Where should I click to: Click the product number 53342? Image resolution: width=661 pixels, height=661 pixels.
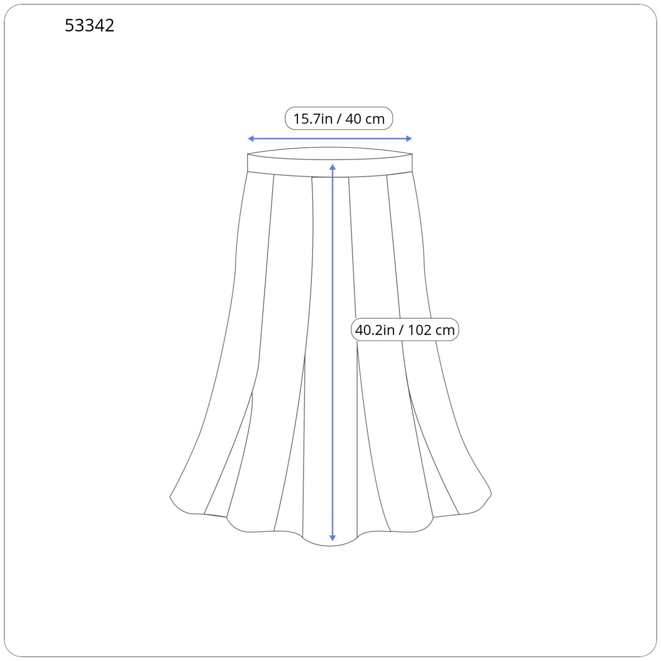pyautogui.click(x=89, y=26)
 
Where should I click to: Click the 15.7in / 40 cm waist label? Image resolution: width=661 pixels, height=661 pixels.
pyautogui.click(x=339, y=119)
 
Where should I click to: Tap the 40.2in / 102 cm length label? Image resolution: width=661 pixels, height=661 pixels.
pyautogui.click(x=405, y=330)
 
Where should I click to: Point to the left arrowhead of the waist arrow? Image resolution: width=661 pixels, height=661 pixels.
pyautogui.click(x=251, y=139)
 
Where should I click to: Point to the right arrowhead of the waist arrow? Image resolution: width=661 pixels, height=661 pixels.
pyautogui.click(x=409, y=139)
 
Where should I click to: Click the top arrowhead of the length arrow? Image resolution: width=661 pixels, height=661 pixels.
pyautogui.click(x=333, y=167)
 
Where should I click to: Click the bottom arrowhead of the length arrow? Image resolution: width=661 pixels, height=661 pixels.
pyautogui.click(x=333, y=538)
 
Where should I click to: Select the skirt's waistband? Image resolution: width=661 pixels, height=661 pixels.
pyautogui.click(x=330, y=162)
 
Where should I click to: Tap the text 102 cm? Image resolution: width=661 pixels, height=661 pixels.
pyautogui.click(x=431, y=330)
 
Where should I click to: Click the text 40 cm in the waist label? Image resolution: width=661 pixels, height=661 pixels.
pyautogui.click(x=365, y=119)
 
